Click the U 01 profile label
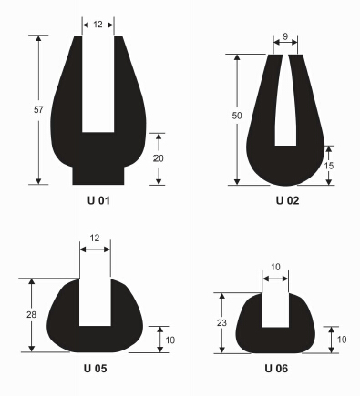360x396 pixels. point(98,200)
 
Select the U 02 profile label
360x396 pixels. point(287,200)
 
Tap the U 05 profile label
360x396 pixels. point(95,369)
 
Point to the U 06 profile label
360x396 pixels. point(276,369)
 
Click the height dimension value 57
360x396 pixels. point(38,109)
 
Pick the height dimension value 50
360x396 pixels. point(237,116)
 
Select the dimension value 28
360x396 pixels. point(31,315)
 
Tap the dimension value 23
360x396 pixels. point(221,323)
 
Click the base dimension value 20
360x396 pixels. point(158,158)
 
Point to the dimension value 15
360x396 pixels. point(329,166)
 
